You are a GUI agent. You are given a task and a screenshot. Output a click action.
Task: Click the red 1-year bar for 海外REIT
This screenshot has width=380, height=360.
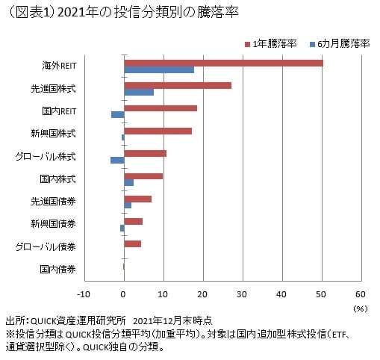[223, 63]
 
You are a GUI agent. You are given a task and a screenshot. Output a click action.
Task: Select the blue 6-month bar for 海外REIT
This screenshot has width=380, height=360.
[159, 69]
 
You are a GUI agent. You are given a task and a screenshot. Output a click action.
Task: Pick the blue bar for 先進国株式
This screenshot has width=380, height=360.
[139, 92]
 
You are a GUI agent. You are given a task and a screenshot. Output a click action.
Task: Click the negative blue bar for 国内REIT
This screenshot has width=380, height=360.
[117, 114]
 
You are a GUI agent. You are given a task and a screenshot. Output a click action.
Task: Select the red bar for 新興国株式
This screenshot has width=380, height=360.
[158, 131]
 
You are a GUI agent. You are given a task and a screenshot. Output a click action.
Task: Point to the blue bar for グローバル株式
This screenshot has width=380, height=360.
[117, 160]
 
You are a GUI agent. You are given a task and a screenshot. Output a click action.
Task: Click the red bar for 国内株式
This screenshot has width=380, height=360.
[143, 176]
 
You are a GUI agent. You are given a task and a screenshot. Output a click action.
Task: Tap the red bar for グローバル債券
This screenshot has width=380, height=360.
[132, 243]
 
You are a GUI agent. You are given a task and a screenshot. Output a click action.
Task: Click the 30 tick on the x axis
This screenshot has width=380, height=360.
[242, 294]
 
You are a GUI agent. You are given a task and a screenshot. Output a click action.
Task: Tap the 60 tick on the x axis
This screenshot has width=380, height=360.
[360, 294]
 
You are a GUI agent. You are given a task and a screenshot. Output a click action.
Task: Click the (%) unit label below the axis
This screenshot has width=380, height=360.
[360, 307]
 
